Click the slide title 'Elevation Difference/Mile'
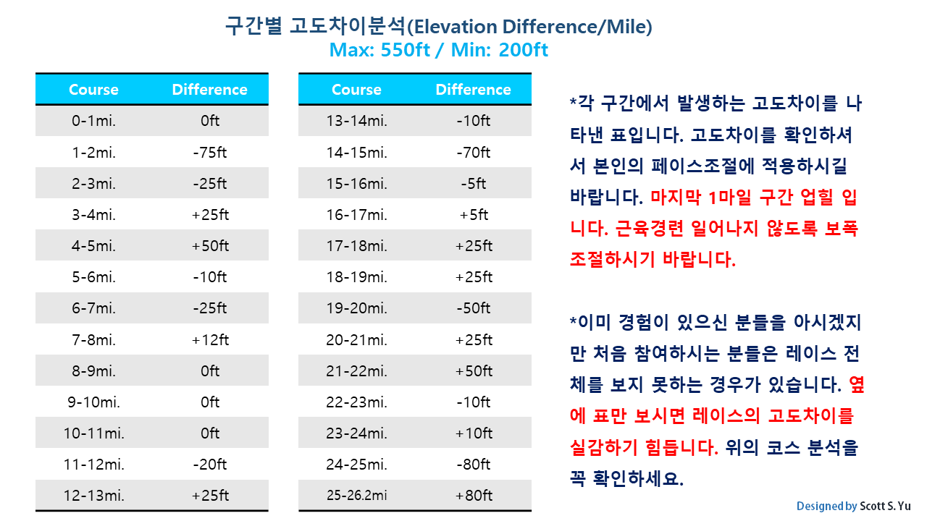tap(439, 27)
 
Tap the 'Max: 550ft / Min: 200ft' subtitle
tap(439, 51)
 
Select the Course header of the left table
tap(93, 90)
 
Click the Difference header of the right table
tap(473, 90)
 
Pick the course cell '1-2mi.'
tap(93, 152)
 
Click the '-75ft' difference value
tap(210, 152)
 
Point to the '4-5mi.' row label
tap(93, 246)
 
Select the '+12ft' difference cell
tap(210, 339)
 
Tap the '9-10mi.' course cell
tap(93, 402)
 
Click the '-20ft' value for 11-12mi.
tap(210, 464)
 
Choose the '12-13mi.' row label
tap(93, 496)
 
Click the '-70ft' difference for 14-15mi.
tap(473, 152)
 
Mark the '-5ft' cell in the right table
tap(473, 184)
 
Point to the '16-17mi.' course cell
tap(356, 215)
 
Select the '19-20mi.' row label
tap(356, 308)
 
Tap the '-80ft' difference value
tap(473, 464)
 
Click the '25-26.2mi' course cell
tap(356, 496)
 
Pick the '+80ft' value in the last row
tap(473, 496)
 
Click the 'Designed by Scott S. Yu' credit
tap(853, 506)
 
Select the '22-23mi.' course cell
tap(356, 402)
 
